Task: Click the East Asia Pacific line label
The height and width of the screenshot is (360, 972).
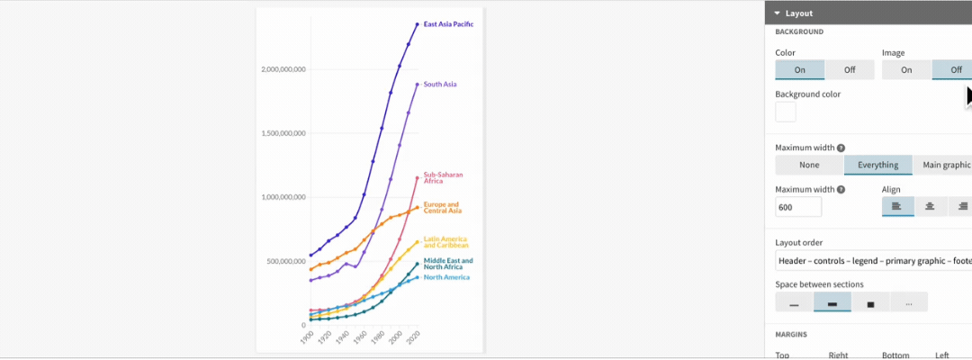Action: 448,24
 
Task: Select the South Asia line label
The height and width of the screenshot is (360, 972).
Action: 440,85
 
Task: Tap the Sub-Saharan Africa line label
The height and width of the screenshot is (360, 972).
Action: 441,177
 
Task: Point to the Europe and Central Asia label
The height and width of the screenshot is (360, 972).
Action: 443,207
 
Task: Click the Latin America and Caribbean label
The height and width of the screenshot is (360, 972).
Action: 445,241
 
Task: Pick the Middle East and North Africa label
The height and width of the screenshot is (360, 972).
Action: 448,264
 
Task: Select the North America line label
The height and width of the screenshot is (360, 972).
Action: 446,277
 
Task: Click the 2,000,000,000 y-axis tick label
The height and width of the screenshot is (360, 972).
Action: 283,69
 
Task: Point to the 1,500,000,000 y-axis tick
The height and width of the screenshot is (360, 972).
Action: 283,133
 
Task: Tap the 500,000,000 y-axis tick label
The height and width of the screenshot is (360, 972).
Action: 288,261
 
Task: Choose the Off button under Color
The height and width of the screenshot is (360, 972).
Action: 850,70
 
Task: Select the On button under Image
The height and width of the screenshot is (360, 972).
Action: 906,70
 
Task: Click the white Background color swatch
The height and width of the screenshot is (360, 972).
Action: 786,112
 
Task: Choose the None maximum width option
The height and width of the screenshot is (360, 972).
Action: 809,165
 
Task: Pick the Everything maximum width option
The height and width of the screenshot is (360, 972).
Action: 877,165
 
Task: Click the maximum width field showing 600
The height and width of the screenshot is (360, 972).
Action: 798,208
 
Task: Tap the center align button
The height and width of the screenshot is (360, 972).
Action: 930,207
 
